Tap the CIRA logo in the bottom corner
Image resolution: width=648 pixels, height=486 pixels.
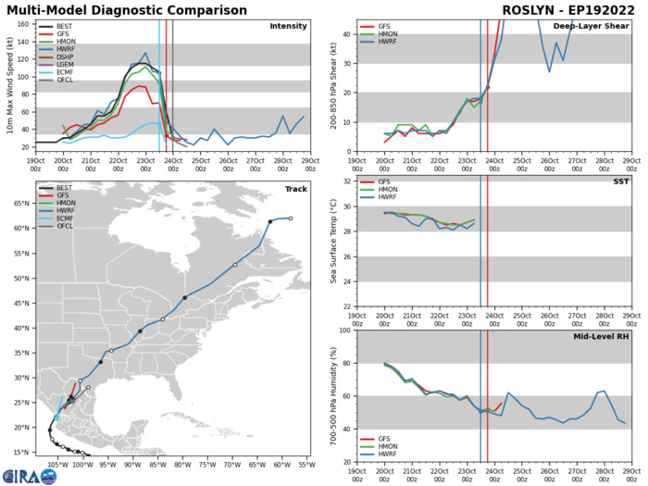pyautogui.click(x=19, y=473)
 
